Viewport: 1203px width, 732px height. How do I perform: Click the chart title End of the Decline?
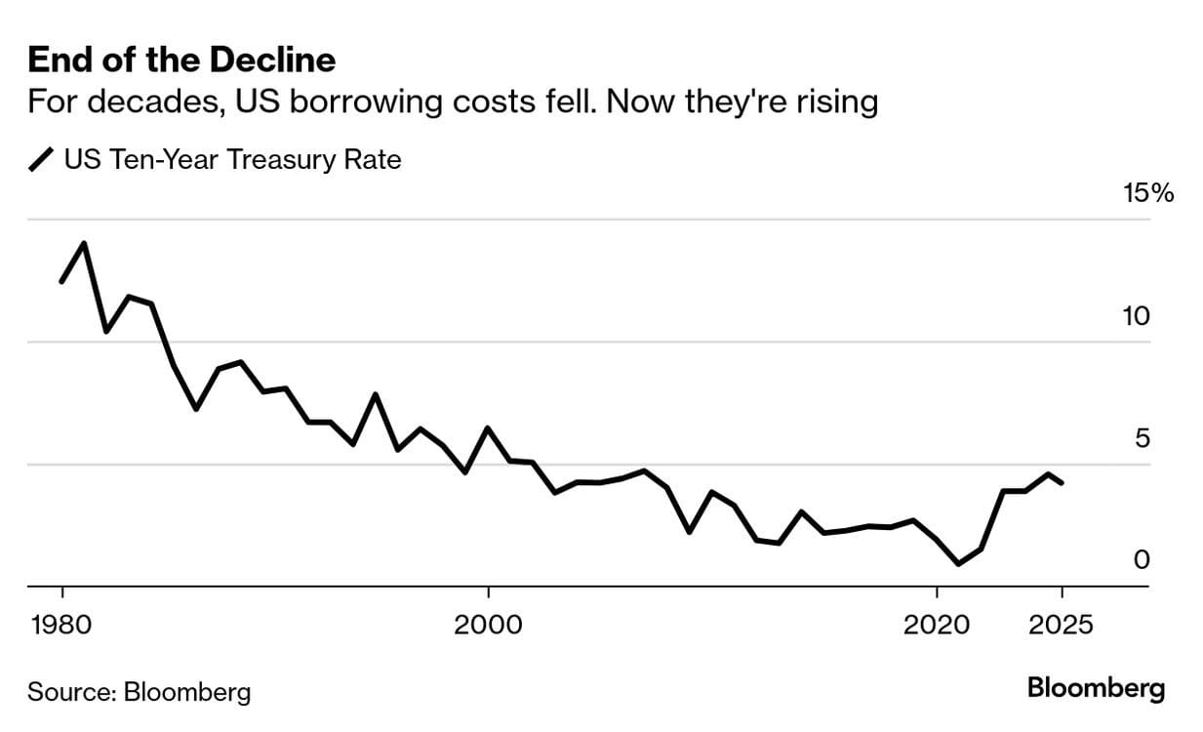point(181,61)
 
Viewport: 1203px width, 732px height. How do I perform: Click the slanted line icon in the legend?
point(43,160)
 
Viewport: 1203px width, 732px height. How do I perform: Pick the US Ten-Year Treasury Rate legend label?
point(232,159)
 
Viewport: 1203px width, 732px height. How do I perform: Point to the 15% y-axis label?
point(1148,193)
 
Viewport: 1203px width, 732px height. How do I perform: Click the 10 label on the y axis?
point(1137,316)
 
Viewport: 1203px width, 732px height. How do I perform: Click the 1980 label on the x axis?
point(61,624)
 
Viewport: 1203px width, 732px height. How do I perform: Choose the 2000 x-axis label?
point(488,624)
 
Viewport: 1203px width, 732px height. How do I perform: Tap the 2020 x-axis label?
point(937,624)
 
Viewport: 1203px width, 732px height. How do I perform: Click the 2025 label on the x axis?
point(1062,624)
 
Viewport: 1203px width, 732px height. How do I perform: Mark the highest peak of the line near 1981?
point(84,243)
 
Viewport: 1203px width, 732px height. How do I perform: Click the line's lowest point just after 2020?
point(958,564)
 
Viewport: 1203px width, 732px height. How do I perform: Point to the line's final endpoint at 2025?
point(1062,483)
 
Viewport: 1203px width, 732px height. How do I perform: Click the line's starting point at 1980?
point(61,282)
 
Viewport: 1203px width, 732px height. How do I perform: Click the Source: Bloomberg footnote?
point(139,692)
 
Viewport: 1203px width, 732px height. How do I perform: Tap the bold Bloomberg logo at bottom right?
point(1096,688)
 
